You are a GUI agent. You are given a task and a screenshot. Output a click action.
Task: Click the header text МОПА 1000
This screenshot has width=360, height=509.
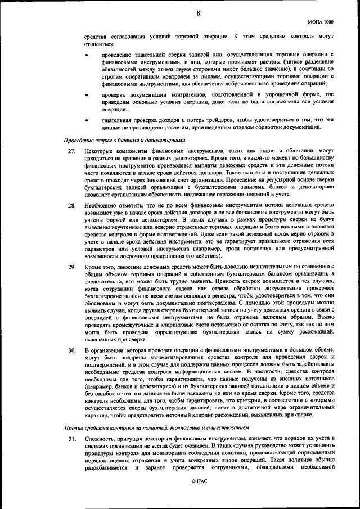tap(321, 21)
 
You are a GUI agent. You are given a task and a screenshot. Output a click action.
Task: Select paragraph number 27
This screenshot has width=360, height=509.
tap(72, 151)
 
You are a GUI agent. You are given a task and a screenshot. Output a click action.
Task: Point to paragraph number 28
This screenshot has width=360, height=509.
tap(72, 205)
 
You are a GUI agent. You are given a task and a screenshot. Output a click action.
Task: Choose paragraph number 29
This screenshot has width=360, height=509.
tap(72, 266)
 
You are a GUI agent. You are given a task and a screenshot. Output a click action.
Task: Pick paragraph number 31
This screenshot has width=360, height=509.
tap(72, 438)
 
